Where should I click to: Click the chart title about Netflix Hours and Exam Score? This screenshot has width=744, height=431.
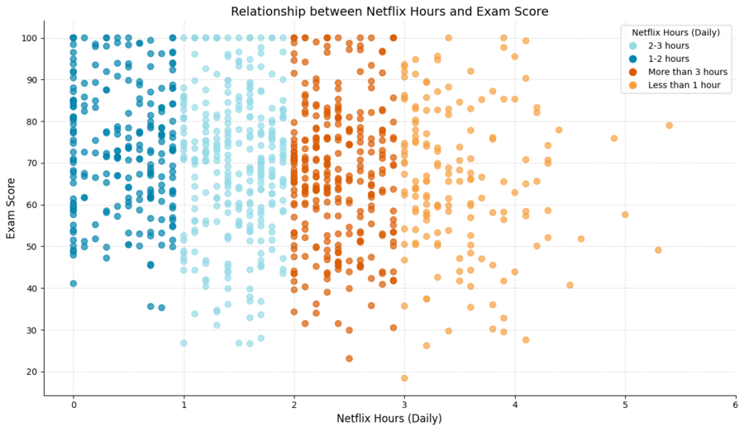[x=389, y=12]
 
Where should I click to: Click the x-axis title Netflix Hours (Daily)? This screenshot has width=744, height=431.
[x=389, y=419]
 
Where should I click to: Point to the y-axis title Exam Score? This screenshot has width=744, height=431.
[x=12, y=208]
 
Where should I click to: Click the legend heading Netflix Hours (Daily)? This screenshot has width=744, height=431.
[x=674, y=32]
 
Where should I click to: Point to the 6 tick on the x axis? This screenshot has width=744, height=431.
[x=735, y=403]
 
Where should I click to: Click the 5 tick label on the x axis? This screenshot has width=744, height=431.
[x=625, y=403]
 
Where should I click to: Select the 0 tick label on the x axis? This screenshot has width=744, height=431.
[x=74, y=403]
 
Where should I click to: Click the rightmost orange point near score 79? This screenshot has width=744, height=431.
[x=669, y=126]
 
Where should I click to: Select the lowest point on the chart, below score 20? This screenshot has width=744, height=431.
[x=404, y=378]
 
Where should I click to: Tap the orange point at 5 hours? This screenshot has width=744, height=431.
[x=625, y=215]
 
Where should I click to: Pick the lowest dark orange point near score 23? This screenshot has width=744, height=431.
[x=349, y=358]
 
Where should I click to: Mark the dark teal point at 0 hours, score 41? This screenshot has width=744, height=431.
[x=74, y=283]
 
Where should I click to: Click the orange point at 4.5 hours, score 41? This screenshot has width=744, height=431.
[x=570, y=285]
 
